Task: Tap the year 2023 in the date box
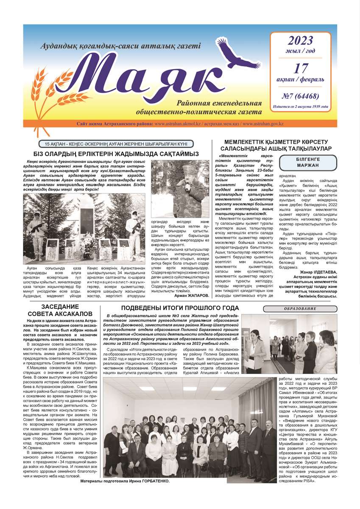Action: click(x=301, y=41)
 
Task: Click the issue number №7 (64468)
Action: click(x=300, y=96)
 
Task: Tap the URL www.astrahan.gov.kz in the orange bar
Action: click(x=264, y=124)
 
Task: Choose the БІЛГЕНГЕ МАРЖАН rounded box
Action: click(x=301, y=161)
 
